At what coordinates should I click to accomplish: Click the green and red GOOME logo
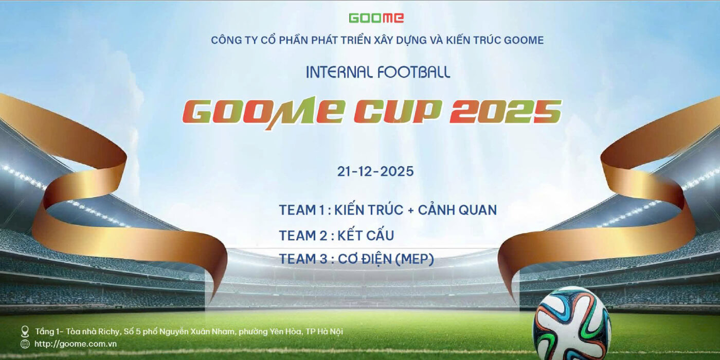376,18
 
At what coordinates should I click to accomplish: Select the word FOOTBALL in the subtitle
413,72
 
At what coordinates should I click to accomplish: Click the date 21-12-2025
375,171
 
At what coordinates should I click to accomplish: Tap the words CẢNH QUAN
457,210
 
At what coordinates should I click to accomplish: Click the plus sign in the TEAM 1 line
410,211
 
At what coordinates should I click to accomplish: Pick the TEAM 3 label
303,259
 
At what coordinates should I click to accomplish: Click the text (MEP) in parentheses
415,259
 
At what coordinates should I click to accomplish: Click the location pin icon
25,331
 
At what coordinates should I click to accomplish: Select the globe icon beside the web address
25,344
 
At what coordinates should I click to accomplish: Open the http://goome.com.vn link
76,344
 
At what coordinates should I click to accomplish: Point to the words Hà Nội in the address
330,331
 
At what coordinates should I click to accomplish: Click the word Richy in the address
109,332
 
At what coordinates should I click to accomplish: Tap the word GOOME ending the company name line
524,40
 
